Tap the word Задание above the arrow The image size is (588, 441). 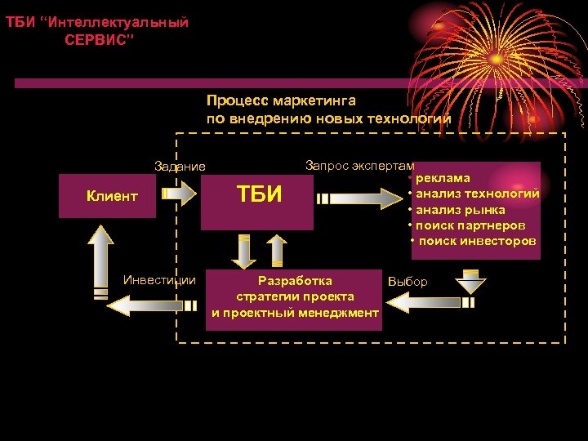[x=180, y=167]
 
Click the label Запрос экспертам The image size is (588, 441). [x=359, y=165]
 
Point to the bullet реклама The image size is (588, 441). [x=442, y=178]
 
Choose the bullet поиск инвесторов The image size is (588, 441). [x=477, y=241]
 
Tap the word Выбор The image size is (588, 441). [x=408, y=282]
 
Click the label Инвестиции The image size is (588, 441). [x=159, y=280]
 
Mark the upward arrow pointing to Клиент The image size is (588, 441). [x=101, y=257]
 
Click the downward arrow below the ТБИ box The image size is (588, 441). [x=243, y=251]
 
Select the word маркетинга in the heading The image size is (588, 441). [x=314, y=100]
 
